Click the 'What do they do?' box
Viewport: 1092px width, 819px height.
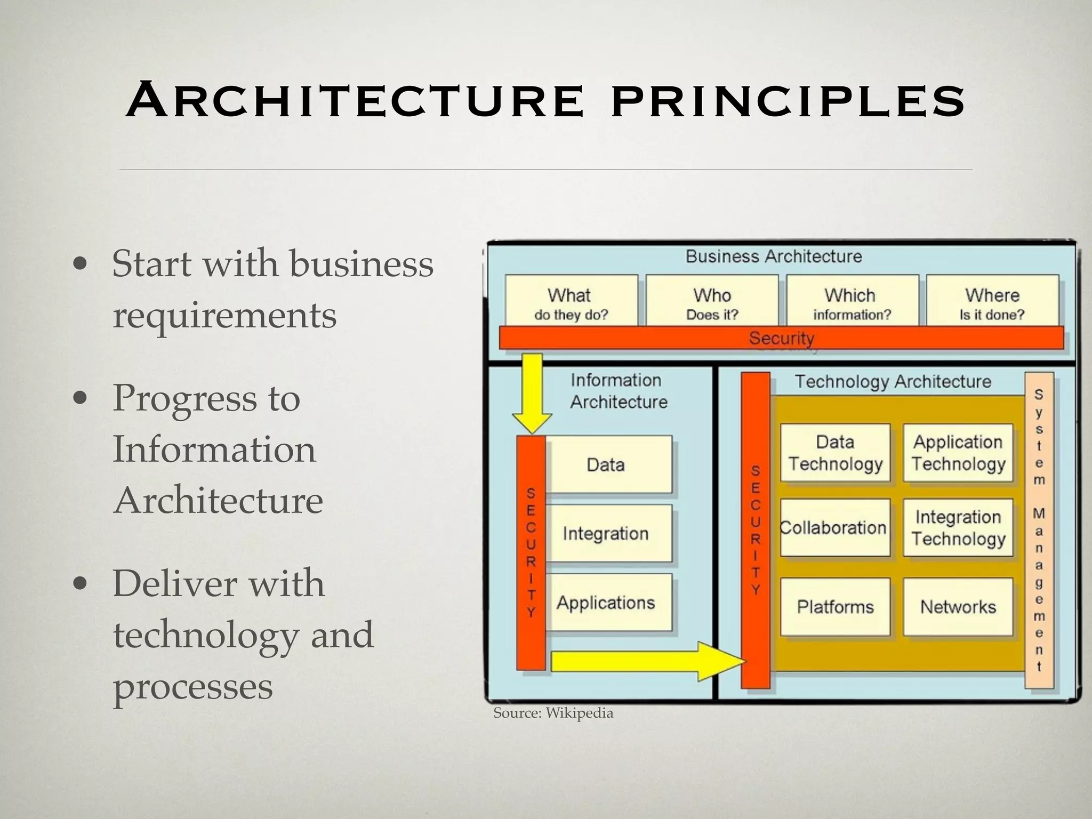571,301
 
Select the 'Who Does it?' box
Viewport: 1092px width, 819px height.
712,301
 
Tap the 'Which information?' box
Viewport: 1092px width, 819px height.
852,301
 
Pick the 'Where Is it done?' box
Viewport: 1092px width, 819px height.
992,301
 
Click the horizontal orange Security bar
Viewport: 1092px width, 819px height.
781,338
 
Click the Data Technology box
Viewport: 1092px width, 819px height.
835,453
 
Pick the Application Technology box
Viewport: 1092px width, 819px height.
958,453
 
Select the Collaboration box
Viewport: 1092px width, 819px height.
835,528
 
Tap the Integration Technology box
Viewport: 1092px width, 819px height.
958,528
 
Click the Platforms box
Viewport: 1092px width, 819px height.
835,607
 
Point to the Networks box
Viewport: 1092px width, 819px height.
958,607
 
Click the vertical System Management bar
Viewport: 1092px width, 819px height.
1039,531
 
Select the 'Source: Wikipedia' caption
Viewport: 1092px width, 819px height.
553,713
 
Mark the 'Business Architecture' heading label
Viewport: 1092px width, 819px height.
773,256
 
